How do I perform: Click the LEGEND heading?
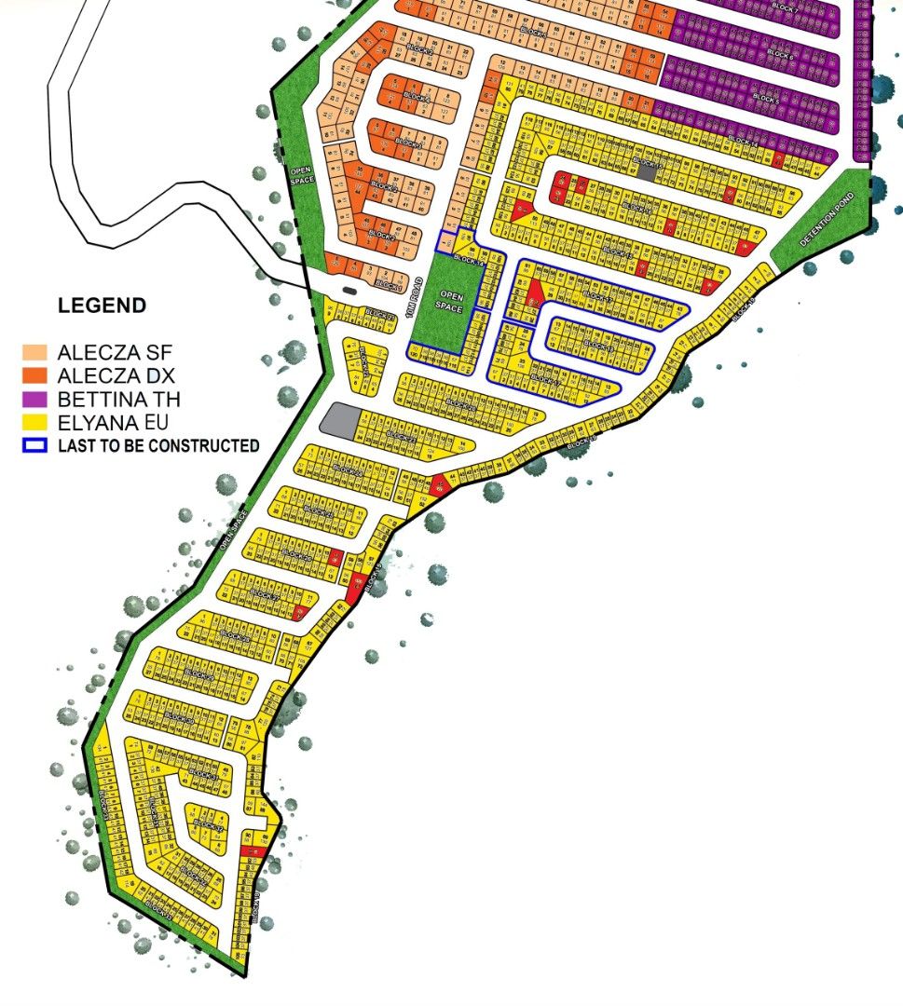click(102, 306)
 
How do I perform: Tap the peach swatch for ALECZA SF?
click(35, 352)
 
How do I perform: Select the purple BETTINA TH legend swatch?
click(35, 399)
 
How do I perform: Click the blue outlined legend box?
click(35, 445)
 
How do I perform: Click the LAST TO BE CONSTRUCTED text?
click(158, 446)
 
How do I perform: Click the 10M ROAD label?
click(406, 292)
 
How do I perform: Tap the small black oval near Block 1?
click(349, 291)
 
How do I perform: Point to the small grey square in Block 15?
click(646, 174)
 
